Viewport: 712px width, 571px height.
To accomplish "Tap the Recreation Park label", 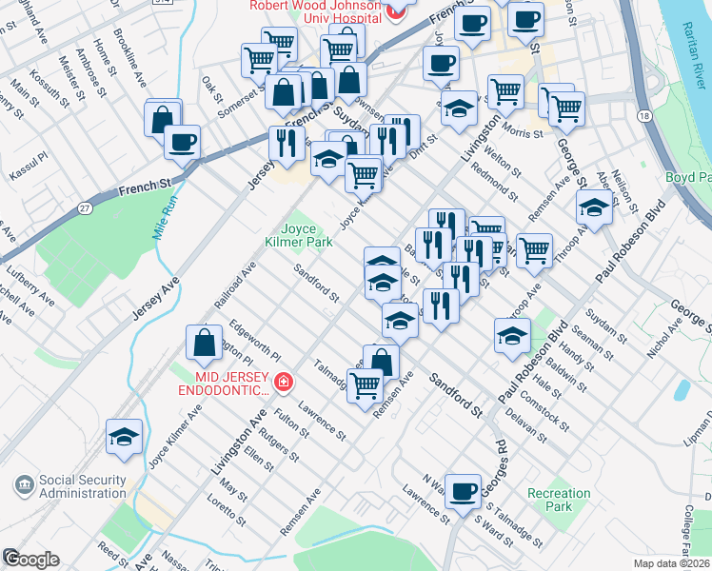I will click(560, 500).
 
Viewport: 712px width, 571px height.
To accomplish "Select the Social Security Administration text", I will click(82, 486).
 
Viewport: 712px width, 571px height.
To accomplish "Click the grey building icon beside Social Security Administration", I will click(22, 485).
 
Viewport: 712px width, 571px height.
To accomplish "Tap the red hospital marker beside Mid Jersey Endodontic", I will click(283, 383).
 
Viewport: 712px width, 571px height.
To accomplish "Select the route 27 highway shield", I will click(87, 208).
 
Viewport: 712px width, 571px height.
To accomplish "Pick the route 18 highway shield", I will click(645, 115).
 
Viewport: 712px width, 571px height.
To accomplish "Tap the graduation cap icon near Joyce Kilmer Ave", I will click(125, 436).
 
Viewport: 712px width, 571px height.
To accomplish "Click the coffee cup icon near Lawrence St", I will click(464, 491).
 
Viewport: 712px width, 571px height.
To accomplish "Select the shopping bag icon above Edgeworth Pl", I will click(204, 344).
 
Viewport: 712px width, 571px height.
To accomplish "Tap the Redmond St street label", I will click(498, 178).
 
